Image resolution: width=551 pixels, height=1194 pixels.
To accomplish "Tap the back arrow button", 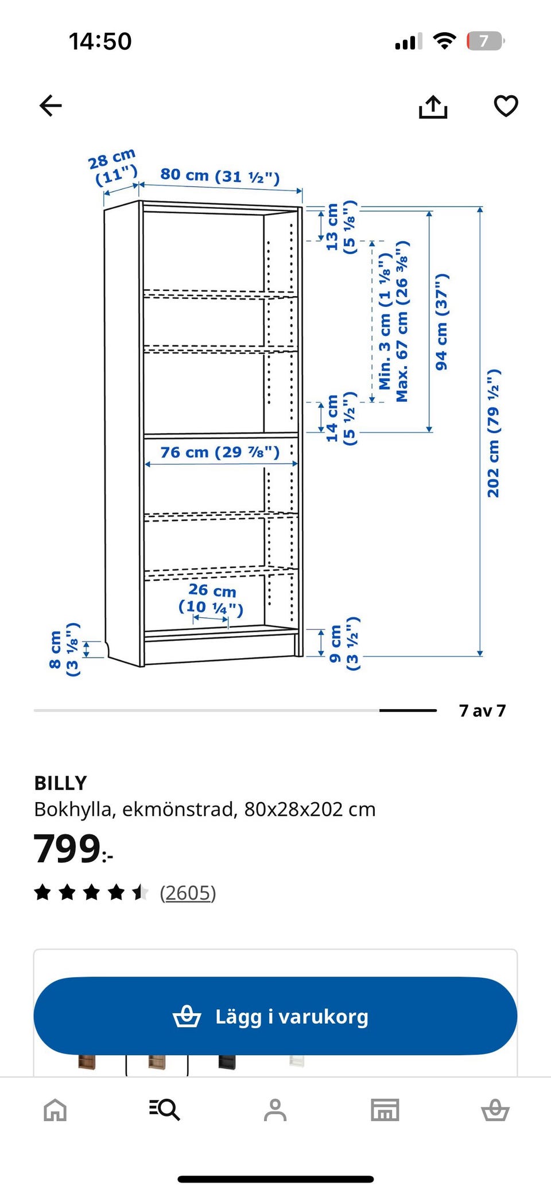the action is tap(51, 106).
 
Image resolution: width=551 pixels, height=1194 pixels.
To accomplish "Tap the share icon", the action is tap(433, 106).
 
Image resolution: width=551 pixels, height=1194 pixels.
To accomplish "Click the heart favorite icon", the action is tap(506, 106).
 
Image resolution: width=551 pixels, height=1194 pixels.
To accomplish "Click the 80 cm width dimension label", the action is tap(220, 176).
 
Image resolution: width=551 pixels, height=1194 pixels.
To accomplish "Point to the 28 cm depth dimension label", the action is tap(113, 167).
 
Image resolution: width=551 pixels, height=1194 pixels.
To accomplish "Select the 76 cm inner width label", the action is tap(220, 452).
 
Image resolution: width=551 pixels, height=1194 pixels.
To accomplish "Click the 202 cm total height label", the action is tap(493, 433).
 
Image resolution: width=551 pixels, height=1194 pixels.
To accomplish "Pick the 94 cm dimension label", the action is tap(441, 321).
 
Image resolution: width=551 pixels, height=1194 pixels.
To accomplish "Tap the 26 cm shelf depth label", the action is tap(211, 599).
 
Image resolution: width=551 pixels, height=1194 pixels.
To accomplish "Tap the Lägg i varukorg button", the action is tap(275, 1016).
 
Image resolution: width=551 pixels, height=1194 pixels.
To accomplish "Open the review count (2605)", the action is tap(188, 893).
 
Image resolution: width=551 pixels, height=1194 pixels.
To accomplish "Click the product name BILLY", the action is tap(61, 783).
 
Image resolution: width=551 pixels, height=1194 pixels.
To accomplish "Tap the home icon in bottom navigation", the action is tap(55, 1110).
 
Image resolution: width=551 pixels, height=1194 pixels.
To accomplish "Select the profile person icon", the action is tap(275, 1110).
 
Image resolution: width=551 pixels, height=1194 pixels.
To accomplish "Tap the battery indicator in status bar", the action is tap(486, 41).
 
